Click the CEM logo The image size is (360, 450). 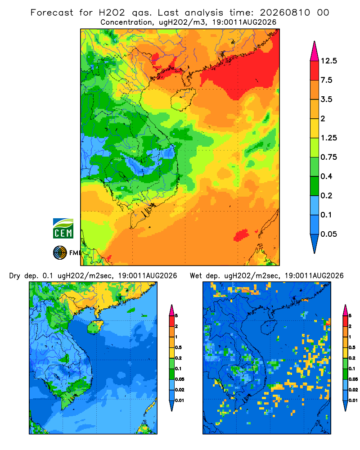click(63, 229)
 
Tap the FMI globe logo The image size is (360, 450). click(60, 253)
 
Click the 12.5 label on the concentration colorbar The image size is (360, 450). click(328, 61)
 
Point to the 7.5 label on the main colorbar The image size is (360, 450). click(326, 80)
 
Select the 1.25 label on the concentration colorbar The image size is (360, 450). click(328, 138)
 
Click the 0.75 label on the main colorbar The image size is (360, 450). click(328, 157)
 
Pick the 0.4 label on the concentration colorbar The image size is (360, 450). click(326, 176)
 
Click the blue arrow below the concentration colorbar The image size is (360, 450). click(315, 243)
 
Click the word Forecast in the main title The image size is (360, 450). click(52, 13)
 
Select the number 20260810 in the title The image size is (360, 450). click(285, 13)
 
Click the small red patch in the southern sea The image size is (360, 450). click(241, 235)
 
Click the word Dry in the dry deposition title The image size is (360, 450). click(15, 276)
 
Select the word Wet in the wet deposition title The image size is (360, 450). click(196, 276)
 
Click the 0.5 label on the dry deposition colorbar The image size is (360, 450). click(178, 347)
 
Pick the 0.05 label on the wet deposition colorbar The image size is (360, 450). click(353, 379)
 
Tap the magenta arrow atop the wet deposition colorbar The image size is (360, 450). click(346, 310)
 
